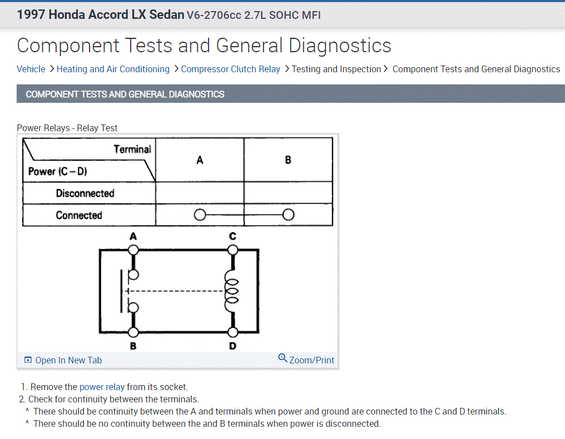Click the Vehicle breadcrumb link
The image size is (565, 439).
point(31,69)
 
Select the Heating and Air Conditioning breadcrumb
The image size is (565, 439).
point(113,69)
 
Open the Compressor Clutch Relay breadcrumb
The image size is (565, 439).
point(231,69)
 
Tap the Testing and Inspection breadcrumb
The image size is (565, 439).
point(336,69)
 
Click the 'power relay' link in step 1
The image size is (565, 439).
point(102,387)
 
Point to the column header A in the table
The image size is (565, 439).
point(200,160)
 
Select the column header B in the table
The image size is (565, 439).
point(288,160)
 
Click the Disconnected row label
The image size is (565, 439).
point(85,193)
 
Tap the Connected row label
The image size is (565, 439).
point(79,215)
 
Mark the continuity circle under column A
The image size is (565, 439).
point(200,215)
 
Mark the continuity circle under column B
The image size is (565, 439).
point(288,215)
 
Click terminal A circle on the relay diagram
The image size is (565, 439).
point(133,250)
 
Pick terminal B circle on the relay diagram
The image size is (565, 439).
point(133,332)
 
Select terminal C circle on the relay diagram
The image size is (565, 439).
point(232,250)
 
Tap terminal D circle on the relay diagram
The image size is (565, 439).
point(232,332)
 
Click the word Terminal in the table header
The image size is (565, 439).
point(132,149)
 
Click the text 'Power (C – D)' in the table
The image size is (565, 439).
point(58,171)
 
